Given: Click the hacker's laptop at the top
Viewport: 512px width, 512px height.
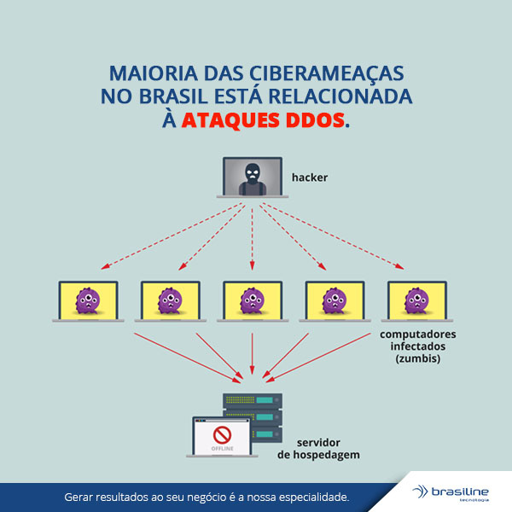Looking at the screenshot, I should tap(252, 177).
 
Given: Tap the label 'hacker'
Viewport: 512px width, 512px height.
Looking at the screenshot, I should tap(309, 177).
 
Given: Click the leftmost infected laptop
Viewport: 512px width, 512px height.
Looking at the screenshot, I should tap(86, 300).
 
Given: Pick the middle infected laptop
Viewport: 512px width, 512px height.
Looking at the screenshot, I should tap(252, 300).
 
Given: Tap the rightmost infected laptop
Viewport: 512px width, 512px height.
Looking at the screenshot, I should tap(416, 300).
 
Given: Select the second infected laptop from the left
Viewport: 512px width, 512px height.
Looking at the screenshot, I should tap(169, 300).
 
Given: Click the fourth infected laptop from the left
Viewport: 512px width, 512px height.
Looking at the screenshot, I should tap(335, 300).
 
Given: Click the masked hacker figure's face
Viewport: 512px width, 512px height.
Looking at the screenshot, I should tap(251, 171).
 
